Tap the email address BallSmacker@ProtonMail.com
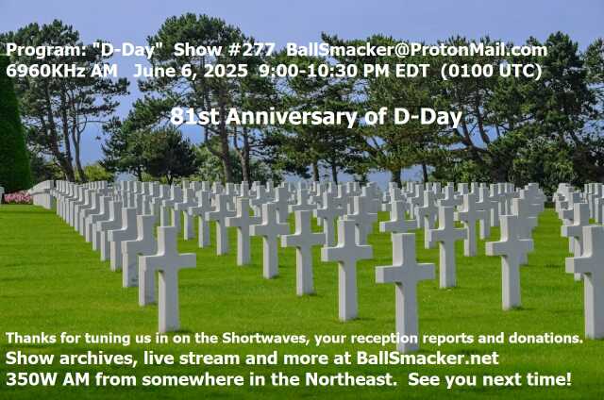click(x=417, y=50)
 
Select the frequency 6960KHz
click(x=45, y=71)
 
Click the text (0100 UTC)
click(x=491, y=71)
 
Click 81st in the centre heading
click(x=195, y=117)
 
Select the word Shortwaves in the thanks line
click(x=265, y=338)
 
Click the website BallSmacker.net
click(x=428, y=358)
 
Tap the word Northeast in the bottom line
click(x=350, y=379)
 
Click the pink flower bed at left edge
click(x=17, y=197)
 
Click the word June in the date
click(x=150, y=71)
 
